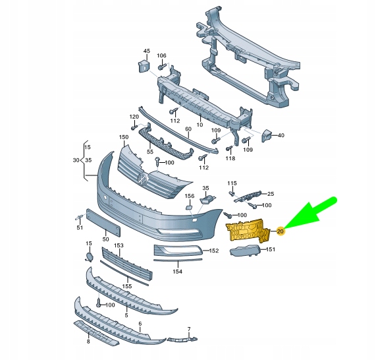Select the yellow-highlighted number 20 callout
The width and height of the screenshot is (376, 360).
(x=281, y=231)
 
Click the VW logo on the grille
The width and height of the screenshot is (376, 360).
(x=142, y=178)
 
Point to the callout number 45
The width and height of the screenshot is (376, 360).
(x=146, y=51)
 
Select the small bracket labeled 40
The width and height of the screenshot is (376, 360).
(x=267, y=135)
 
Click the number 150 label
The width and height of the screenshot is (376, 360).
(x=123, y=137)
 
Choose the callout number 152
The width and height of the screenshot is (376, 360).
(x=214, y=251)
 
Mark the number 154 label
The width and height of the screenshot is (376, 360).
(x=177, y=271)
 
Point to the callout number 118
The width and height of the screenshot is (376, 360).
(x=230, y=158)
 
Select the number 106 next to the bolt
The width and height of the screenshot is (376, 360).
(x=161, y=55)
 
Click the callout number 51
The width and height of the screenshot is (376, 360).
(x=80, y=228)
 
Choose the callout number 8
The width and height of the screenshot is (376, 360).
(x=88, y=342)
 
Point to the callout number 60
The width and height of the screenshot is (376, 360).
(x=187, y=129)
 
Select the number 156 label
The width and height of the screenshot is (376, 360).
(x=189, y=196)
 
